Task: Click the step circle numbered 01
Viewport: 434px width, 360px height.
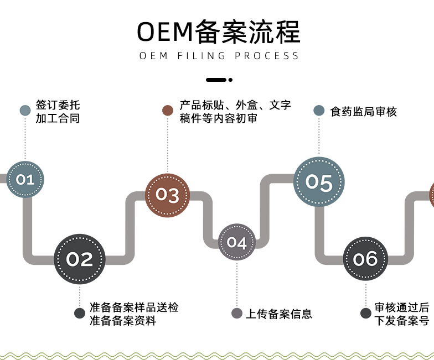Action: pyautogui.click(x=25, y=179)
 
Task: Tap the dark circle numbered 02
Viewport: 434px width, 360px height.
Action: pyautogui.click(x=80, y=259)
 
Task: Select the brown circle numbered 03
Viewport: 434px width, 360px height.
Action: pyautogui.click(x=167, y=195)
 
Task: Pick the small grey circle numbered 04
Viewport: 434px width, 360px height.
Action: pyautogui.click(x=236, y=242)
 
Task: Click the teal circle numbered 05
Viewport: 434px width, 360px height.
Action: pyautogui.click(x=319, y=182)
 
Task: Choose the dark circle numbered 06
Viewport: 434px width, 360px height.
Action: pyautogui.click(x=365, y=259)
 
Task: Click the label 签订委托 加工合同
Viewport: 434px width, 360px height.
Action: pyautogui.click(x=58, y=111)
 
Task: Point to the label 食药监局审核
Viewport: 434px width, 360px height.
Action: pyautogui.click(x=364, y=111)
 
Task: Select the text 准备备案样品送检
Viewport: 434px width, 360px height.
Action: pyautogui.click(x=134, y=307)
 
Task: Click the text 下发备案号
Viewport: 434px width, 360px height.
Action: pyautogui.click(x=402, y=321)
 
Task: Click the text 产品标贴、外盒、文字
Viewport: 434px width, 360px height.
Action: pyautogui.click(x=235, y=105)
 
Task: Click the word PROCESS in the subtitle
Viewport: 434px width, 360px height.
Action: pyautogui.click(x=267, y=56)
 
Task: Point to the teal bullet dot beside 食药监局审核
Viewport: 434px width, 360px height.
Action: pyautogui.click(x=319, y=111)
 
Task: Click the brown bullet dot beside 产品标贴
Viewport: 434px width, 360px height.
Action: pyautogui.click(x=168, y=111)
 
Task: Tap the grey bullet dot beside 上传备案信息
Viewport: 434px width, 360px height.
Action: pyautogui.click(x=237, y=314)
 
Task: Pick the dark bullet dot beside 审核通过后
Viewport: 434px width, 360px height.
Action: pyautogui.click(x=365, y=314)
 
